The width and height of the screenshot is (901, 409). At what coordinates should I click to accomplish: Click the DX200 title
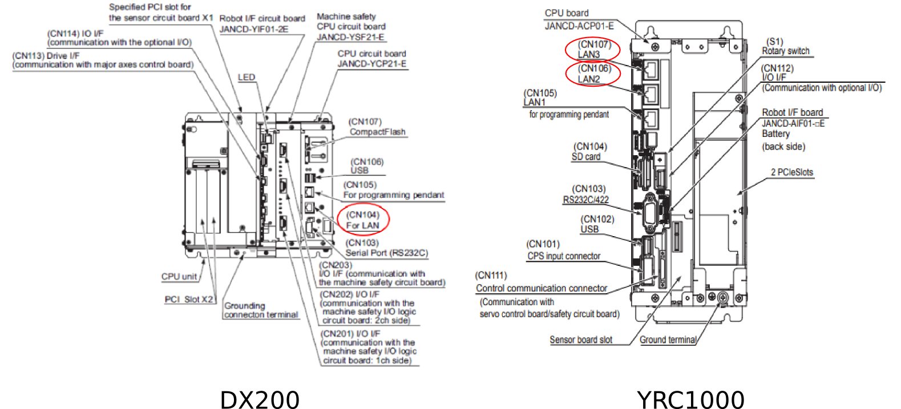[x=260, y=399]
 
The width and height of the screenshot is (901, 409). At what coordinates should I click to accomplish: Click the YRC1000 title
[x=690, y=399]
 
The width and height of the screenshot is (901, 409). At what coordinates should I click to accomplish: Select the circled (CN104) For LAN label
[x=363, y=220]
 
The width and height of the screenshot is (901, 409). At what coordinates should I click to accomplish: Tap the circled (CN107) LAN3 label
[x=593, y=50]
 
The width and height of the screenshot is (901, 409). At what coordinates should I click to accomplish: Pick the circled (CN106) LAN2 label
[x=593, y=74]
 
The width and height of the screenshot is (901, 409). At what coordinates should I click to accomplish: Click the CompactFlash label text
[x=377, y=132]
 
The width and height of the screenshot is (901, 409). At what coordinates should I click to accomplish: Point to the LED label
[x=247, y=78]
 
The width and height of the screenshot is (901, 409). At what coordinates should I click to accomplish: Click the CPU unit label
[x=179, y=277]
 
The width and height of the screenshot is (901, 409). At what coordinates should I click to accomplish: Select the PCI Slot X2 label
[x=189, y=299]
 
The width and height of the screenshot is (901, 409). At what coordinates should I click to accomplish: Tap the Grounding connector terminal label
[x=261, y=310]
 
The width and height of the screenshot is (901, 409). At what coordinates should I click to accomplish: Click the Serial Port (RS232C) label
[x=386, y=253]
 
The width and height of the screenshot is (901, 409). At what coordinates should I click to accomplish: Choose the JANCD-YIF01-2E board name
[x=253, y=29]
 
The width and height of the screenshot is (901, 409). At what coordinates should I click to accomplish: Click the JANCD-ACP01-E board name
[x=579, y=26]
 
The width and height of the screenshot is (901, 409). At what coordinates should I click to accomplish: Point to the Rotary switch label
[x=785, y=51]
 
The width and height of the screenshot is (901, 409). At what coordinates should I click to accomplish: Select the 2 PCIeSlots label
[x=791, y=172]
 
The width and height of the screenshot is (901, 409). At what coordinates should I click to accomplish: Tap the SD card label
[x=586, y=157]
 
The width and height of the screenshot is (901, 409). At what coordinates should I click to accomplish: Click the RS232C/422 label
[x=585, y=200]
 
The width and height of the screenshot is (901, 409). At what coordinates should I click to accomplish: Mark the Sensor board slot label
[x=580, y=339]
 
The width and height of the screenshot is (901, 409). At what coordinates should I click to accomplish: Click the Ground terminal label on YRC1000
[x=668, y=339]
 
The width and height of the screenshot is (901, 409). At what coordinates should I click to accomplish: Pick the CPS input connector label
[x=564, y=256]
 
